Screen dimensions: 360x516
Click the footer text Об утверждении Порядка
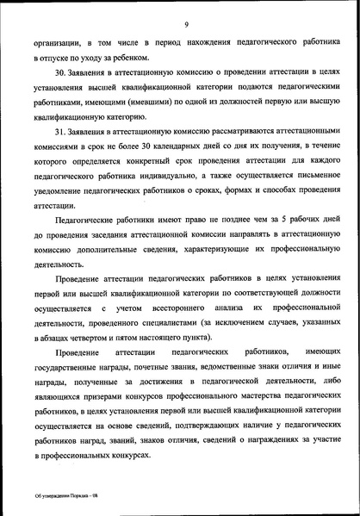coord(59,497)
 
